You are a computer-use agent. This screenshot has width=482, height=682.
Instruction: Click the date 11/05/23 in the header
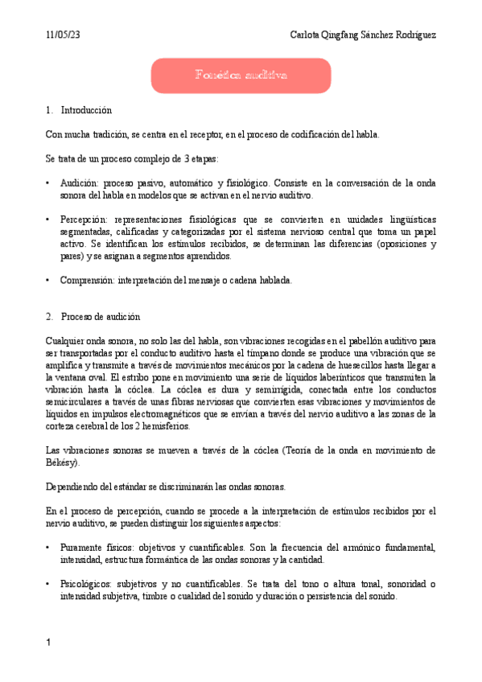point(62,35)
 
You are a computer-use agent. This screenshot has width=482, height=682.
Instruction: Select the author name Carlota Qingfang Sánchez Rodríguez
point(363,35)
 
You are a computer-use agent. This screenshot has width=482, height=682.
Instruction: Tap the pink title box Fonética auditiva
point(241,76)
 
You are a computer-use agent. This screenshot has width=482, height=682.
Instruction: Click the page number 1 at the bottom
point(49,643)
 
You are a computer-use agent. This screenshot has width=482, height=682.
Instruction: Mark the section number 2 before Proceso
point(49,317)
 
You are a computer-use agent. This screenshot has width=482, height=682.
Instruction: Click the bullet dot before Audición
point(49,183)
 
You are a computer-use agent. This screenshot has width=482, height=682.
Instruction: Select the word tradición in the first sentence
point(114,134)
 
